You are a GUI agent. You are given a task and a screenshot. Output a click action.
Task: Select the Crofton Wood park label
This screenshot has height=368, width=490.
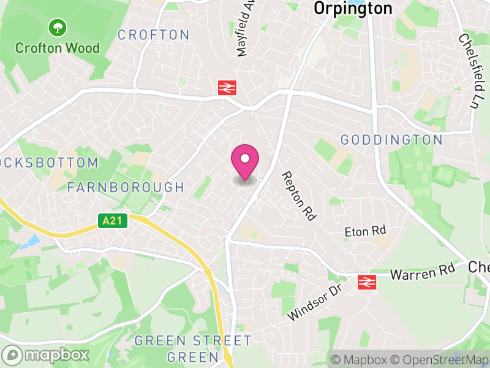pos(58,47)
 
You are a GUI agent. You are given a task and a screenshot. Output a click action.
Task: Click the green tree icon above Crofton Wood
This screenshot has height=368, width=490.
pos(58,27)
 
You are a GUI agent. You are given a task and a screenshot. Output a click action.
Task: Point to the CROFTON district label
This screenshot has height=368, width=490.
pos(154,35)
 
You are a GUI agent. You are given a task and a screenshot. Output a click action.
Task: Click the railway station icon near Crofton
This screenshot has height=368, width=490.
pos(227,88)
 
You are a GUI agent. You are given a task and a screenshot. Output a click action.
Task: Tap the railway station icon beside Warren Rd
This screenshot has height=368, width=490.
pos(366,282)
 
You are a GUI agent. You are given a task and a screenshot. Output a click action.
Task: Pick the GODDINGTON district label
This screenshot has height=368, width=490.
pos(391,140)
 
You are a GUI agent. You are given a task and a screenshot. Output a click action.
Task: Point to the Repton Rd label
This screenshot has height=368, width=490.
pos(298,196)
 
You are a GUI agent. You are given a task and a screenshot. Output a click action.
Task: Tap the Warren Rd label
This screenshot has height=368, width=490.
pos(423,272)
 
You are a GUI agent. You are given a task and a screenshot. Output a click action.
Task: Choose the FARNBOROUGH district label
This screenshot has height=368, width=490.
pos(126,187)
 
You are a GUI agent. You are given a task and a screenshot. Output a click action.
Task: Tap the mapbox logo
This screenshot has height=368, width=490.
pos(47,355)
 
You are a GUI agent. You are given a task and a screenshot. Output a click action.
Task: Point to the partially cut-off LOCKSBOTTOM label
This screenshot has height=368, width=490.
pos(49,163)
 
